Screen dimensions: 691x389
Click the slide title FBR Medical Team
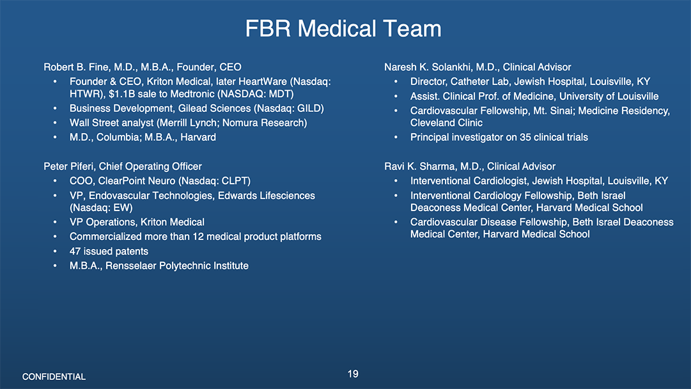tap(343, 29)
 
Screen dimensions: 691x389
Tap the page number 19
tap(353, 374)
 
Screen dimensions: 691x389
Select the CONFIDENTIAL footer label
tap(54, 377)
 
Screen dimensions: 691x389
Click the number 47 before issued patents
tap(75, 251)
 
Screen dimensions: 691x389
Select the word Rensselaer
tap(130, 266)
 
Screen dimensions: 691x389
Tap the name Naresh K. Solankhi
tap(428, 67)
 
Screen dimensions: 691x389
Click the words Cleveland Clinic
tap(446, 123)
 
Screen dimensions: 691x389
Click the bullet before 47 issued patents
tap(55, 251)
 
